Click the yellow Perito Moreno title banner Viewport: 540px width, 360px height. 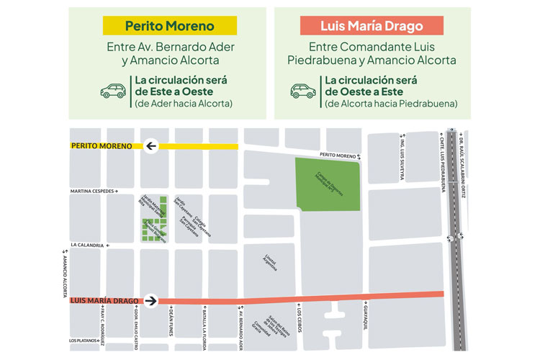(170, 27)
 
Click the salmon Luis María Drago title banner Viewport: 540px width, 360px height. (371, 27)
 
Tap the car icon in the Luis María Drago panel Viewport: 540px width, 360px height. (302, 91)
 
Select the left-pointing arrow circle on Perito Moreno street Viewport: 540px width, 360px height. (151, 147)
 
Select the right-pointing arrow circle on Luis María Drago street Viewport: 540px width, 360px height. (151, 300)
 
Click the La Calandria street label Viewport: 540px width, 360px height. (88, 246)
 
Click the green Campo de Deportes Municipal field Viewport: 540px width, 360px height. (328, 184)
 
